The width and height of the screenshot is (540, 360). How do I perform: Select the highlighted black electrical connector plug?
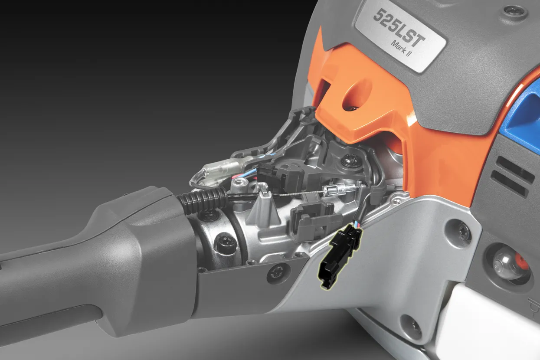340,255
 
